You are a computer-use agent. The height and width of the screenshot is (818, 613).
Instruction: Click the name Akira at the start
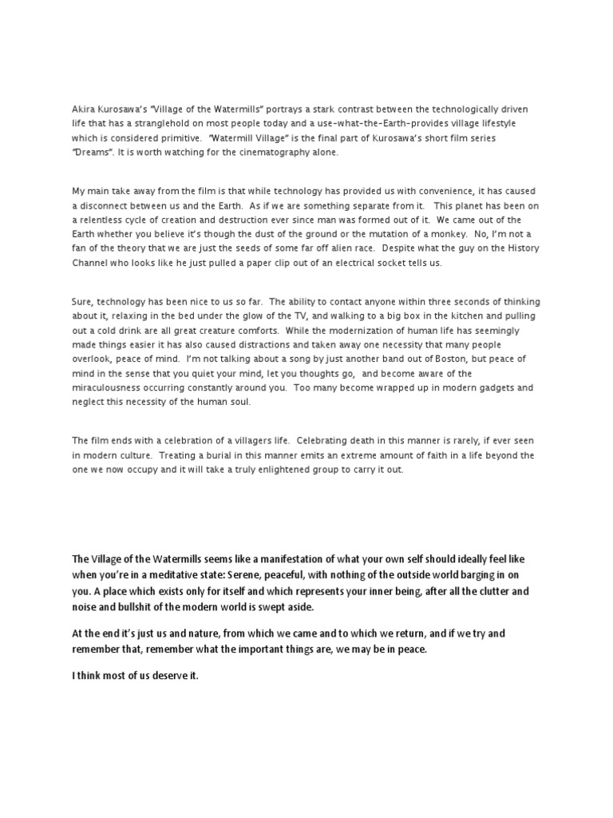coord(83,108)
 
